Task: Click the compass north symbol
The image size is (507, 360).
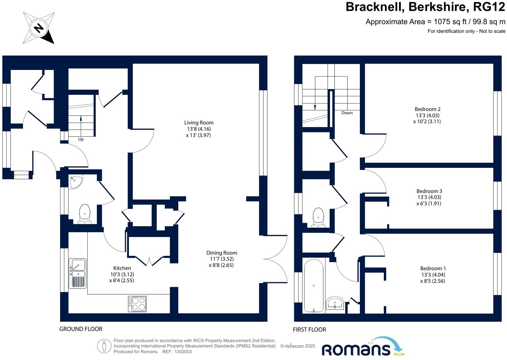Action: [39, 28]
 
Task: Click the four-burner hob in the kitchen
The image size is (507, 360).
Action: [137, 304]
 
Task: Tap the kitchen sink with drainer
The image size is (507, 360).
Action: [77, 273]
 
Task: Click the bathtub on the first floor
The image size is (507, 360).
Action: [314, 285]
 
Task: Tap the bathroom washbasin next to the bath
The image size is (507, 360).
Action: [335, 303]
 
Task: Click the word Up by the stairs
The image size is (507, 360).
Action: [81, 139]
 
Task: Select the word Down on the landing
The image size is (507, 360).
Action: [347, 113]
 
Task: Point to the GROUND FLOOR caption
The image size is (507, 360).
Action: [81, 329]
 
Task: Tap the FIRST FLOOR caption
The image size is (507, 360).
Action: [309, 329]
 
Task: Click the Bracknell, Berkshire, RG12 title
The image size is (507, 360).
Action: [425, 7]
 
